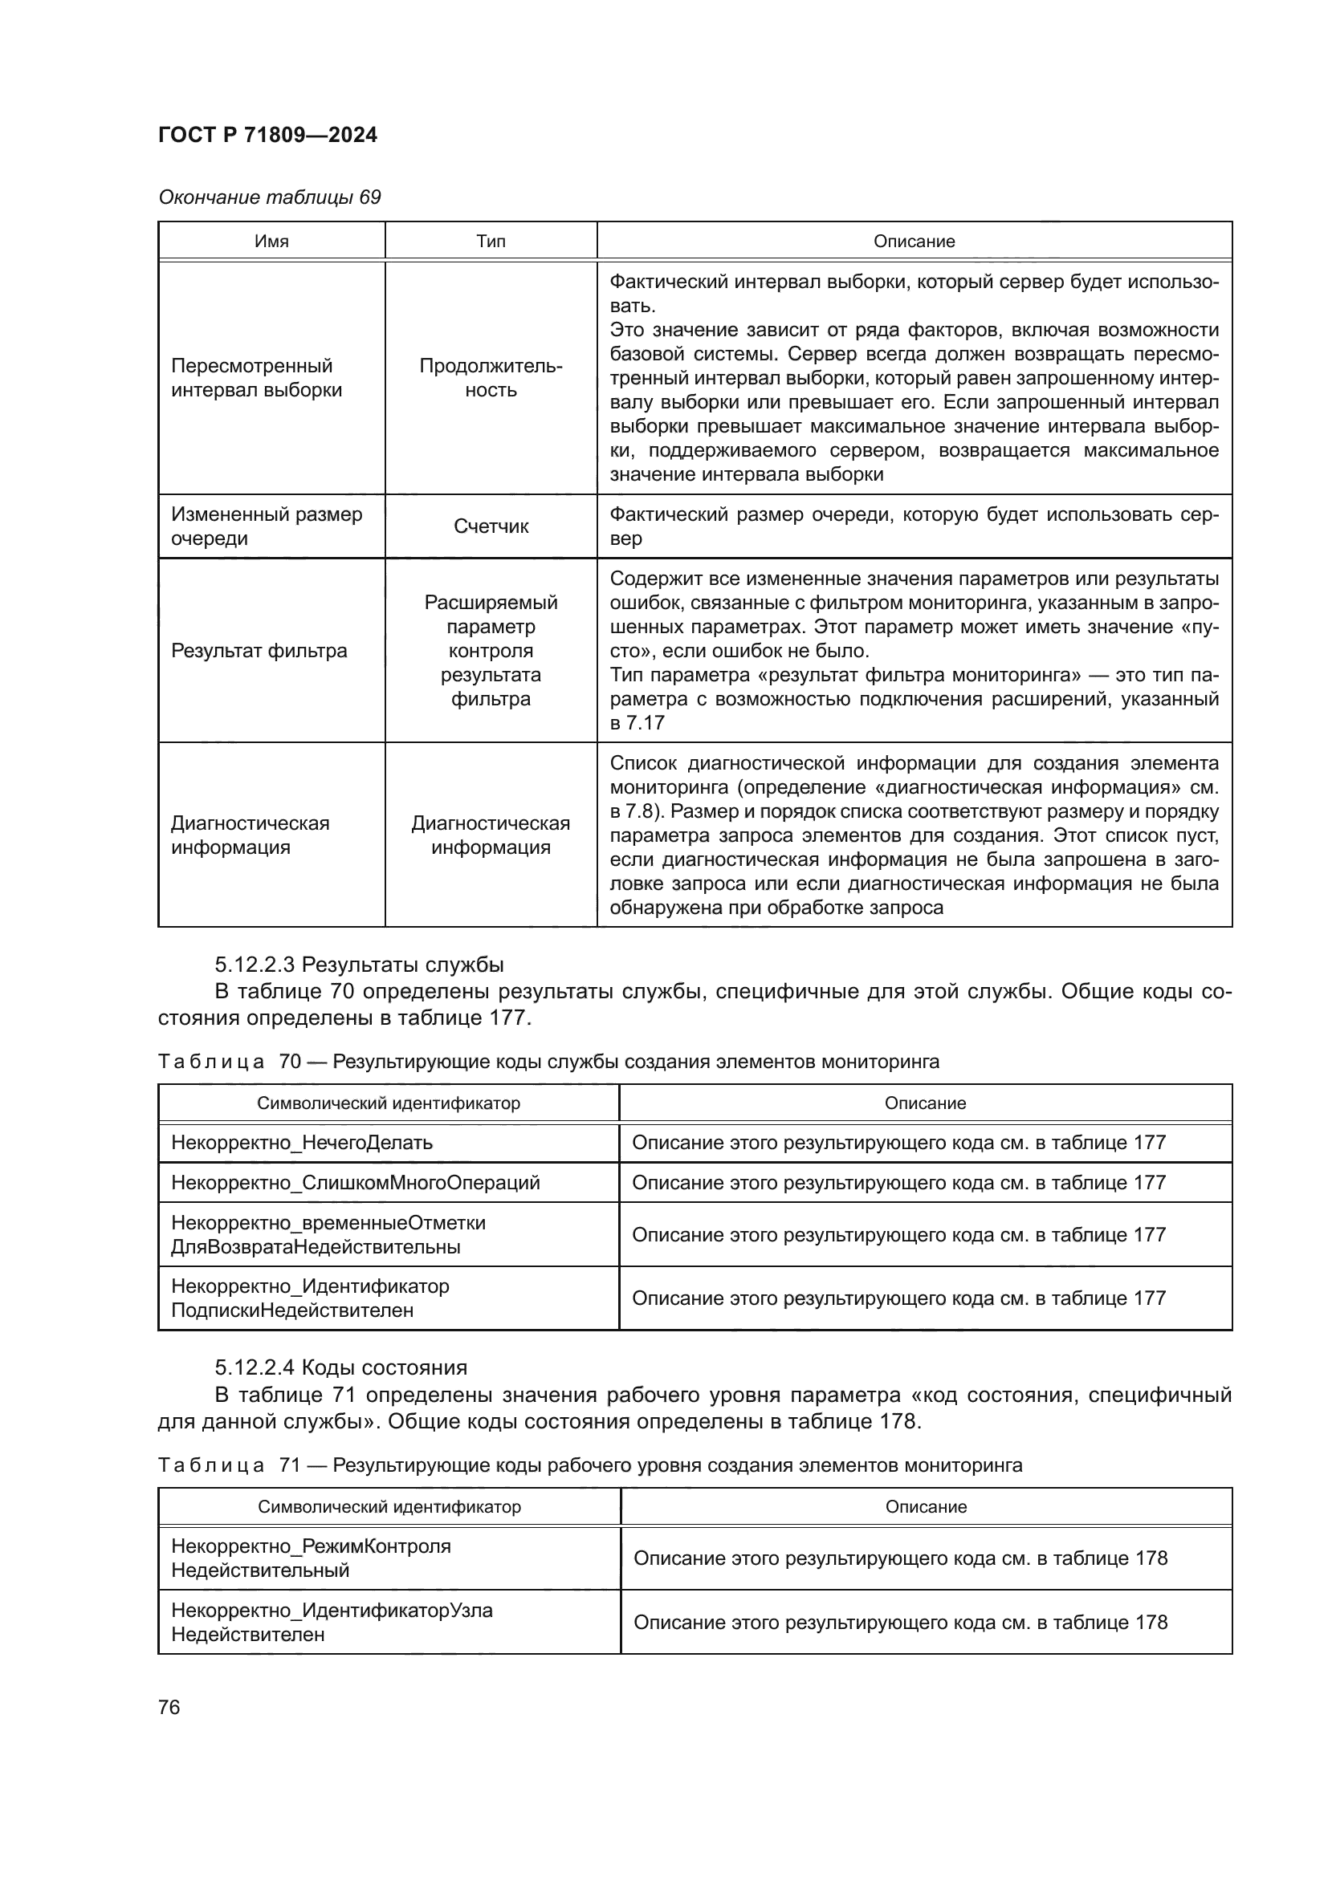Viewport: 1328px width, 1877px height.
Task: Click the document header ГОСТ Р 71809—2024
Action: [x=267, y=135]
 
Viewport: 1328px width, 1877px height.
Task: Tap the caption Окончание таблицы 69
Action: [x=269, y=197]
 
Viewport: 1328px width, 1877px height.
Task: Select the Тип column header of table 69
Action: [x=491, y=242]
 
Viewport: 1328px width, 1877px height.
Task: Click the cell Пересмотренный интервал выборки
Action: [x=256, y=378]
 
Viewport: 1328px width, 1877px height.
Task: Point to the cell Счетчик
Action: [x=491, y=526]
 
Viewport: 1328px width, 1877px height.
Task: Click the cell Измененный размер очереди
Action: [x=266, y=526]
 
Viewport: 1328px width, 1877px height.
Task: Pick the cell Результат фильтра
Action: [x=259, y=651]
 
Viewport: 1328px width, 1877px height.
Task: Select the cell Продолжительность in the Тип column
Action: [x=491, y=378]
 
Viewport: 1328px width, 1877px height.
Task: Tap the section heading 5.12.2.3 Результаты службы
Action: [x=359, y=965]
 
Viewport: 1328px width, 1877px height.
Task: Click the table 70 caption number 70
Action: [x=290, y=1062]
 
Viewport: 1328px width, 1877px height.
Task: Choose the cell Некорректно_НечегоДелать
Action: [x=302, y=1143]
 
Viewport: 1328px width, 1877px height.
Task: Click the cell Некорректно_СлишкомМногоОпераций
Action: [x=355, y=1183]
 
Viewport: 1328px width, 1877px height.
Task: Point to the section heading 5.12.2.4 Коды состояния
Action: [x=341, y=1367]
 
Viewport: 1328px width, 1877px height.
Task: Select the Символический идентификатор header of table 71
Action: [x=389, y=1507]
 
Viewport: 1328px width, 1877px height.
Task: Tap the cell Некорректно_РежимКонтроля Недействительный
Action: [x=311, y=1558]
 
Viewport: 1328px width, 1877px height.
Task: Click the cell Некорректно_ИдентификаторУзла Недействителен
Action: [x=331, y=1623]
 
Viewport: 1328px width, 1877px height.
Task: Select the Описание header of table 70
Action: [x=925, y=1103]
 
